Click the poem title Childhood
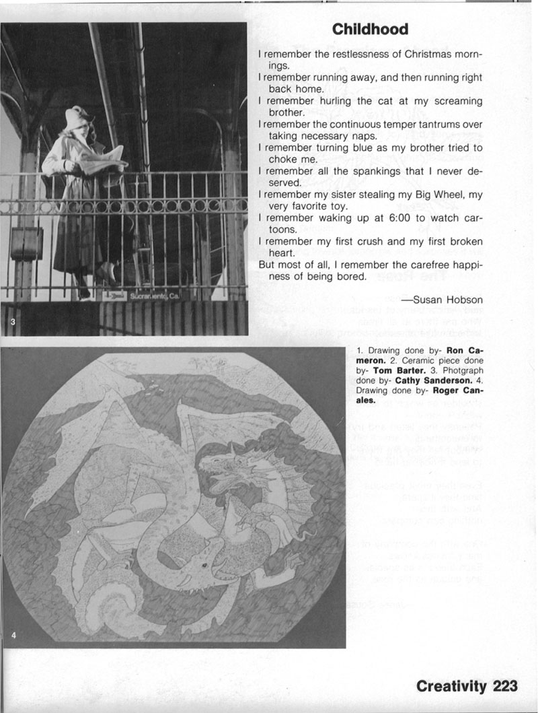click(370, 30)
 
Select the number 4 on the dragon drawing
click(13, 634)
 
